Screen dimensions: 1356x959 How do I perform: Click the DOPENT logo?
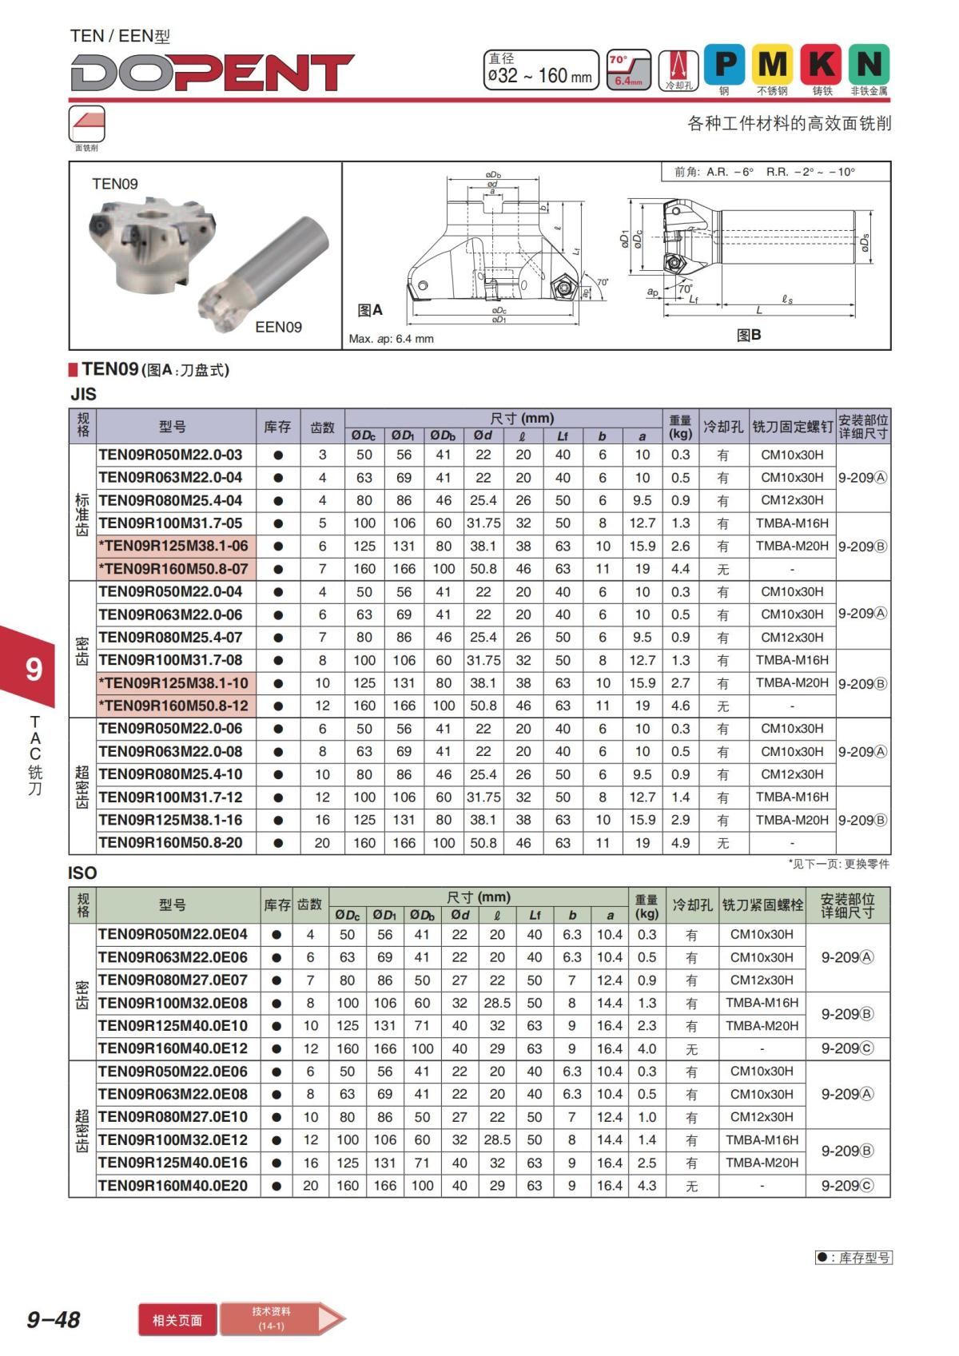point(212,73)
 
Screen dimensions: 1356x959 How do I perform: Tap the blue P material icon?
point(724,63)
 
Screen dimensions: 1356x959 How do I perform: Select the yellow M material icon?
point(773,63)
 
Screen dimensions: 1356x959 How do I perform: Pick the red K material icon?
point(822,63)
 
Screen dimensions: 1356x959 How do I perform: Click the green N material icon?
point(869,63)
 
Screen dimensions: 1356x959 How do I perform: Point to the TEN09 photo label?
point(115,184)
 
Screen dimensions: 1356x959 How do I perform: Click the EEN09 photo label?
point(278,327)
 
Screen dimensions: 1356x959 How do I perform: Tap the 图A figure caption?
point(369,310)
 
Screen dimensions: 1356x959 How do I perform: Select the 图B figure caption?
point(749,335)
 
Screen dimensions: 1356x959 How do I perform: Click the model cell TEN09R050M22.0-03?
point(170,455)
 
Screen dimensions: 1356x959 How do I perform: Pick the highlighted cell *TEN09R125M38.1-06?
point(173,546)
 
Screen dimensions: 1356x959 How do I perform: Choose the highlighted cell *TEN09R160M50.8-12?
point(173,706)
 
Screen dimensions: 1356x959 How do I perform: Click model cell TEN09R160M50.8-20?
point(170,842)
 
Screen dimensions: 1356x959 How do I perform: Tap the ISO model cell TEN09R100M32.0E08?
point(173,1003)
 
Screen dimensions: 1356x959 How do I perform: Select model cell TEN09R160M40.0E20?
point(173,1186)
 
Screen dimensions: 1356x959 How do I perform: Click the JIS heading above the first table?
point(83,394)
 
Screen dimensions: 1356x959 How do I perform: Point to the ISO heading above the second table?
point(82,873)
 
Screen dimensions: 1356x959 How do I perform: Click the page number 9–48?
point(54,1319)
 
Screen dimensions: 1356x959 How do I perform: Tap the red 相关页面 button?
point(177,1320)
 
